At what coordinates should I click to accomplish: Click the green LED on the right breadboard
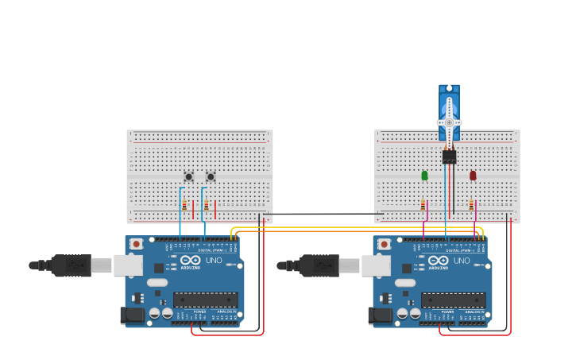click(x=424, y=175)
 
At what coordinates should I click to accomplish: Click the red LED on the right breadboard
click(x=473, y=175)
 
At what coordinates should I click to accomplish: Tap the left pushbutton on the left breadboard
click(x=188, y=176)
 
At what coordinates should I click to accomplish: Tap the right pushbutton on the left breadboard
click(x=211, y=176)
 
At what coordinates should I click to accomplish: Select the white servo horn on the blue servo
click(x=449, y=122)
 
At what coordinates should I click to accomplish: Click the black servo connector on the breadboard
click(x=449, y=157)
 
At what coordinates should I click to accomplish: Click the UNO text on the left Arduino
click(x=215, y=260)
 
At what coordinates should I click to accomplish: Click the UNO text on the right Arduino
click(x=462, y=260)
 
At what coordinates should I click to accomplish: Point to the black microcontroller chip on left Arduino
click(x=205, y=300)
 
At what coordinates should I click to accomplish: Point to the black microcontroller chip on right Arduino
click(x=453, y=300)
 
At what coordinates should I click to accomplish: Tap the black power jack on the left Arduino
click(x=132, y=315)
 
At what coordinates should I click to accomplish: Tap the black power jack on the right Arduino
click(x=380, y=315)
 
